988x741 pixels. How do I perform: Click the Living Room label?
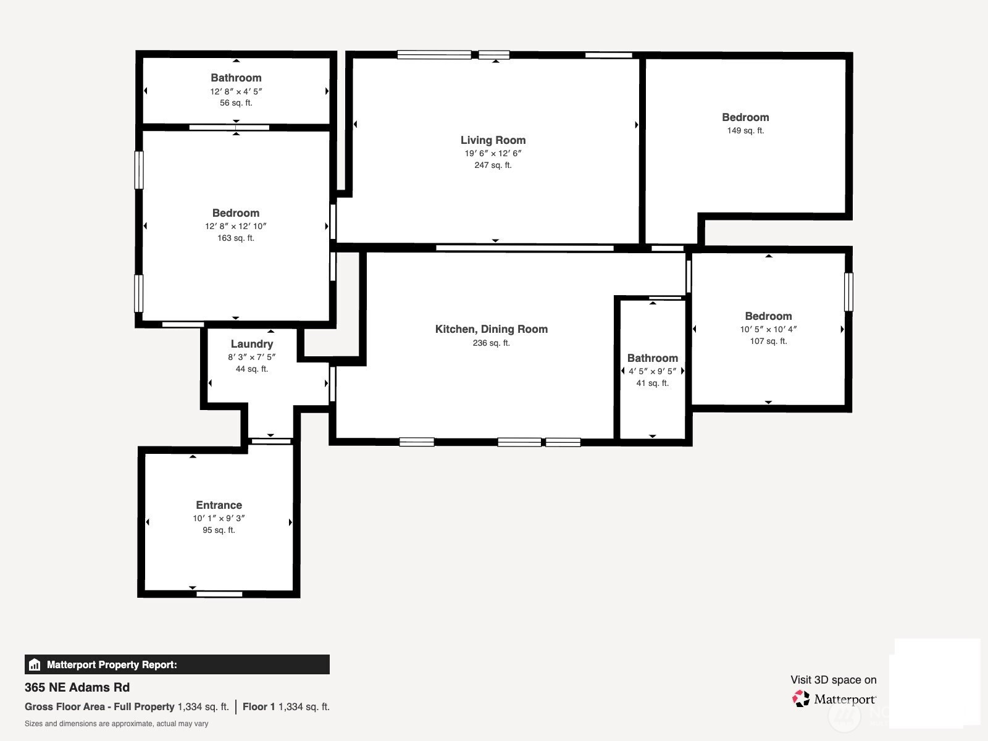(x=493, y=140)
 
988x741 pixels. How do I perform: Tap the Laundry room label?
(x=251, y=344)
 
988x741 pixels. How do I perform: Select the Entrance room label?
(x=219, y=504)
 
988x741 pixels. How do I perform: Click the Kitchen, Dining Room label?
(x=491, y=329)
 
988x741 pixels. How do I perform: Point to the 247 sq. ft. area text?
(x=493, y=165)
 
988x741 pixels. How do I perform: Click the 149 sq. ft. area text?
(x=745, y=130)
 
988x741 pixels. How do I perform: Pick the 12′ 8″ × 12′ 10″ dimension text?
(x=236, y=226)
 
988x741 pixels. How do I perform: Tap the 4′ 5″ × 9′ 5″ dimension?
(x=652, y=371)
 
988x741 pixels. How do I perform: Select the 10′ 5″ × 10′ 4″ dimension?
(x=768, y=329)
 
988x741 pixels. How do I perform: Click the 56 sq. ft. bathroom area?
(x=236, y=103)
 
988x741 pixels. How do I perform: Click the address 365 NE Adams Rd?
(x=77, y=687)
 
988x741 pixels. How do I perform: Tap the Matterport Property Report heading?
(x=112, y=664)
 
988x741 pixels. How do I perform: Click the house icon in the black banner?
(x=35, y=664)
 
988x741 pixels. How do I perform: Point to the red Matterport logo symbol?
(x=801, y=699)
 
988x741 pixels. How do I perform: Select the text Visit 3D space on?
(x=833, y=680)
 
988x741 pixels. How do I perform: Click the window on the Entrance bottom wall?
(x=219, y=594)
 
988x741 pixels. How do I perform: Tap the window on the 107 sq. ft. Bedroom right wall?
(x=848, y=292)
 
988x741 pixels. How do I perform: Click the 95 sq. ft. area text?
(x=219, y=530)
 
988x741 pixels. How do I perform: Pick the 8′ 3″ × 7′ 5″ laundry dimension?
(x=251, y=358)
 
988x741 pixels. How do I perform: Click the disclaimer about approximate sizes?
(x=116, y=724)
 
